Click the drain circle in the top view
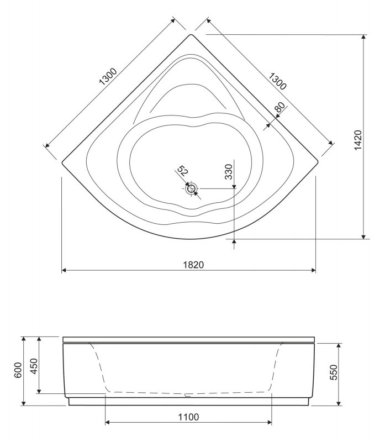click(x=191, y=188)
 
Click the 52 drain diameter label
click(x=182, y=170)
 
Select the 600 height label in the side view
click(x=18, y=371)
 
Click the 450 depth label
click(x=34, y=365)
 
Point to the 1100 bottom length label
click(x=188, y=417)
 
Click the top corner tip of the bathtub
click(x=191, y=35)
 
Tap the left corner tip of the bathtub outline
click(x=62, y=162)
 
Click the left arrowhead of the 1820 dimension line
click(x=63, y=271)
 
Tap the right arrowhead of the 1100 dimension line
click(x=270, y=423)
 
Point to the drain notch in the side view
click(x=188, y=395)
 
